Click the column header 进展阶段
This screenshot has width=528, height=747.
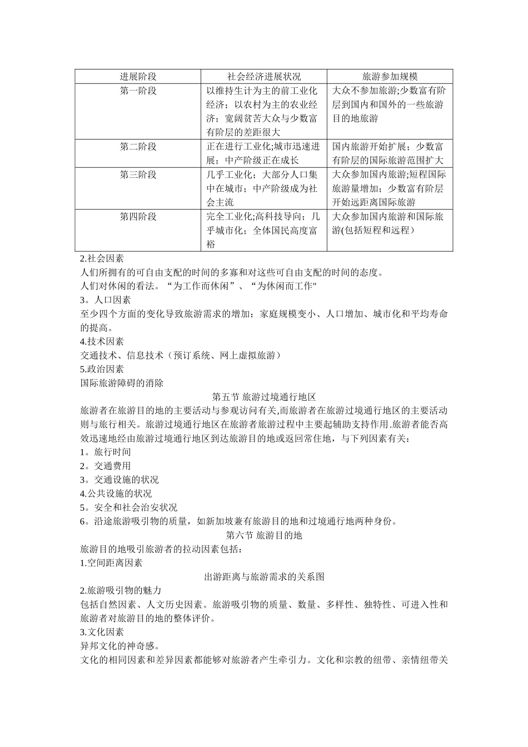[138, 77]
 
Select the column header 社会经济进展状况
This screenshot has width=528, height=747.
[264, 77]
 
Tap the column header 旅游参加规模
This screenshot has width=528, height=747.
[390, 77]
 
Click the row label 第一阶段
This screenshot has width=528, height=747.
[138, 91]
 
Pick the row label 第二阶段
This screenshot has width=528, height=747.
[138, 147]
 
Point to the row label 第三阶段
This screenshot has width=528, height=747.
[138, 175]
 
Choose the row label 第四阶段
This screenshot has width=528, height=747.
[138, 216]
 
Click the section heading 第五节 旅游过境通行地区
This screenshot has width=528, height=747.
[264, 397]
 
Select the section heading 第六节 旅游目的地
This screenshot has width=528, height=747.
[264, 535]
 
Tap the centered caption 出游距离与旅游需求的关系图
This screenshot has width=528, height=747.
[264, 577]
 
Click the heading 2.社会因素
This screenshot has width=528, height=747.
[102, 258]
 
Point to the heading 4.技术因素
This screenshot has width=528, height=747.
[102, 341]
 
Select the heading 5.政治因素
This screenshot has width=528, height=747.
[102, 369]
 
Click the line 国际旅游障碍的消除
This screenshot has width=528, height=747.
[122, 383]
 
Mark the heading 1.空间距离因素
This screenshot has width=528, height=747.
[111, 563]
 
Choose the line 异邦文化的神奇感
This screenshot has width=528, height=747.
[121, 646]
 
